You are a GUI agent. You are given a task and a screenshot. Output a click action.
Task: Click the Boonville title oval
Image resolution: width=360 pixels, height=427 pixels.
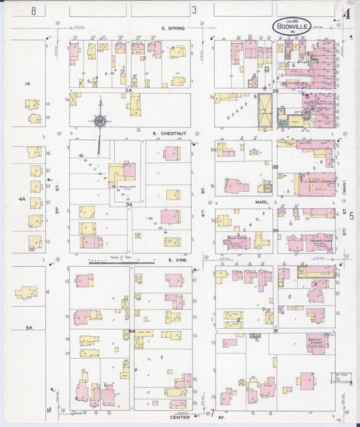tap(292, 26)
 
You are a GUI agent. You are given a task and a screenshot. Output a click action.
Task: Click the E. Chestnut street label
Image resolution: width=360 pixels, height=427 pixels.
tap(165, 134)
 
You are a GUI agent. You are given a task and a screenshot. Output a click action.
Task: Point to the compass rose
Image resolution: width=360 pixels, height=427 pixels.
tap(100, 122)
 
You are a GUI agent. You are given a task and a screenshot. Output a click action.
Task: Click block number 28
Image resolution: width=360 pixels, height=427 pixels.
tap(276, 90)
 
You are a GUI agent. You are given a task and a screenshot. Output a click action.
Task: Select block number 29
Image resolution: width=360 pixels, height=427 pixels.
tap(276, 166)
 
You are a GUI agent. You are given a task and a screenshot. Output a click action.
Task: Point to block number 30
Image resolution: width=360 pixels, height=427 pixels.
tap(276, 230)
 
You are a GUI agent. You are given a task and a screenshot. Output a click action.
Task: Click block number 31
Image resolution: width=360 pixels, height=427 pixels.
tap(276, 330)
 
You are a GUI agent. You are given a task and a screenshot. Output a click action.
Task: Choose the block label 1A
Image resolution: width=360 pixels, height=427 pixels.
tap(28, 83)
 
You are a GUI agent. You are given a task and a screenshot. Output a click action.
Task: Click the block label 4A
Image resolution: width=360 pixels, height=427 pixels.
tap(22, 199)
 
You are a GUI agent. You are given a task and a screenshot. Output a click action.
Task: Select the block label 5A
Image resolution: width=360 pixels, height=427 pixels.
tap(29, 327)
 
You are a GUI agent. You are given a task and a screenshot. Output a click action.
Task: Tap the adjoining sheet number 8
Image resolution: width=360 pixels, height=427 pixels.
tap(32, 10)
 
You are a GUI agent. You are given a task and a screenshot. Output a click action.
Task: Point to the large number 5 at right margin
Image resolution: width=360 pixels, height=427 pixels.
tap(351, 215)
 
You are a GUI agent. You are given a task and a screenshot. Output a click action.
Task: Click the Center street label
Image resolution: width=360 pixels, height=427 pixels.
tap(179, 418)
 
